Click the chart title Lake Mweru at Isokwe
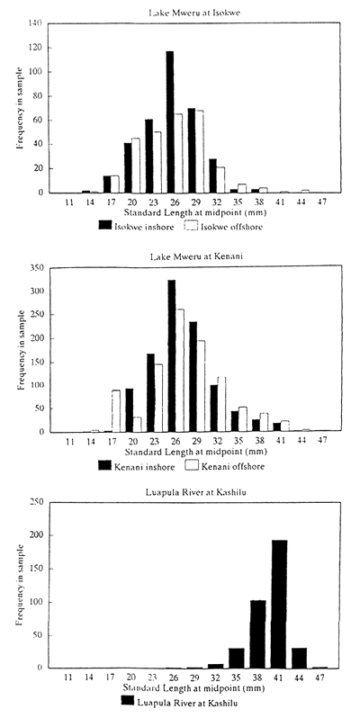click(x=190, y=11)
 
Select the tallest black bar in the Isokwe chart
click(x=169, y=121)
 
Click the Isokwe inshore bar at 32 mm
click(x=213, y=175)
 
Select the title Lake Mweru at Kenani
click(x=190, y=256)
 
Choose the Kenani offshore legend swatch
click(x=191, y=466)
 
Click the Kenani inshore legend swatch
click(x=104, y=466)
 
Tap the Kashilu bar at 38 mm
click(x=256, y=634)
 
